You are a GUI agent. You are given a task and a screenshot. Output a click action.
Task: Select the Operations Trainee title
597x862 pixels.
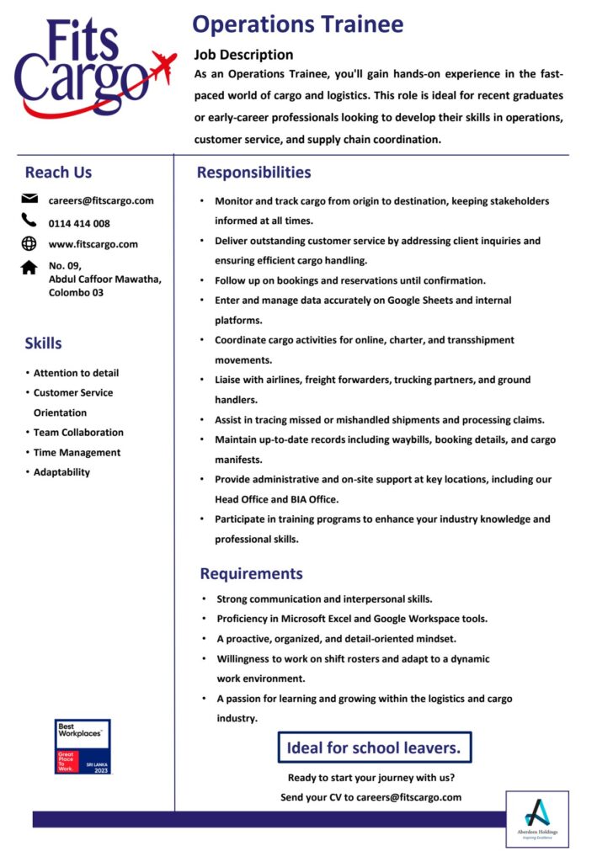(297, 24)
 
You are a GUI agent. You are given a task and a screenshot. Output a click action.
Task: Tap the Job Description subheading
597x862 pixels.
(243, 55)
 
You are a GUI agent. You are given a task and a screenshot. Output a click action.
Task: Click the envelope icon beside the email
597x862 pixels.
(29, 200)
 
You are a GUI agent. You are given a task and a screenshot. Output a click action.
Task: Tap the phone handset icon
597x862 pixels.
(29, 221)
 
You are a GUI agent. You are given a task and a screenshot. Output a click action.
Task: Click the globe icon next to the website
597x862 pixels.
(29, 244)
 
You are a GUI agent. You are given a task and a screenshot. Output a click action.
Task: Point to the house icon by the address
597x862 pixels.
(29, 267)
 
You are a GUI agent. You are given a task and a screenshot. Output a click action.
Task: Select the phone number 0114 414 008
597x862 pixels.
(79, 223)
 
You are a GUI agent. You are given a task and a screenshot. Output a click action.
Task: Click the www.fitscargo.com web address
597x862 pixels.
(93, 244)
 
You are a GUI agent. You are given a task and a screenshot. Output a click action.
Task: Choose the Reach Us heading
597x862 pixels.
(58, 173)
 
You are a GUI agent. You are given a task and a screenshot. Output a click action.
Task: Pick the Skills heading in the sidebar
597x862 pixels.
(43, 343)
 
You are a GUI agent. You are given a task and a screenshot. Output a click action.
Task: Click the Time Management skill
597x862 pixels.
(77, 452)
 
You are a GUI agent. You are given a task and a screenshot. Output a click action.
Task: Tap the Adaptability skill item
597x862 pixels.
(61, 472)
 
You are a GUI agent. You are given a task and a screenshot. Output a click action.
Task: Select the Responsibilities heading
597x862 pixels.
(253, 173)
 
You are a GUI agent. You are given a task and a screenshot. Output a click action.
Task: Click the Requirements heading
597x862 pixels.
(251, 573)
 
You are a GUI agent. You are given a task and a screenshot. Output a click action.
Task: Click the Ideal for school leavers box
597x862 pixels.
(374, 748)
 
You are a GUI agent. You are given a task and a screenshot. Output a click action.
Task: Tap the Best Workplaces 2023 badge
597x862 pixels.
(83, 747)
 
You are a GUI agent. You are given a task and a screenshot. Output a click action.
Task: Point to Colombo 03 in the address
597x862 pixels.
(76, 293)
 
